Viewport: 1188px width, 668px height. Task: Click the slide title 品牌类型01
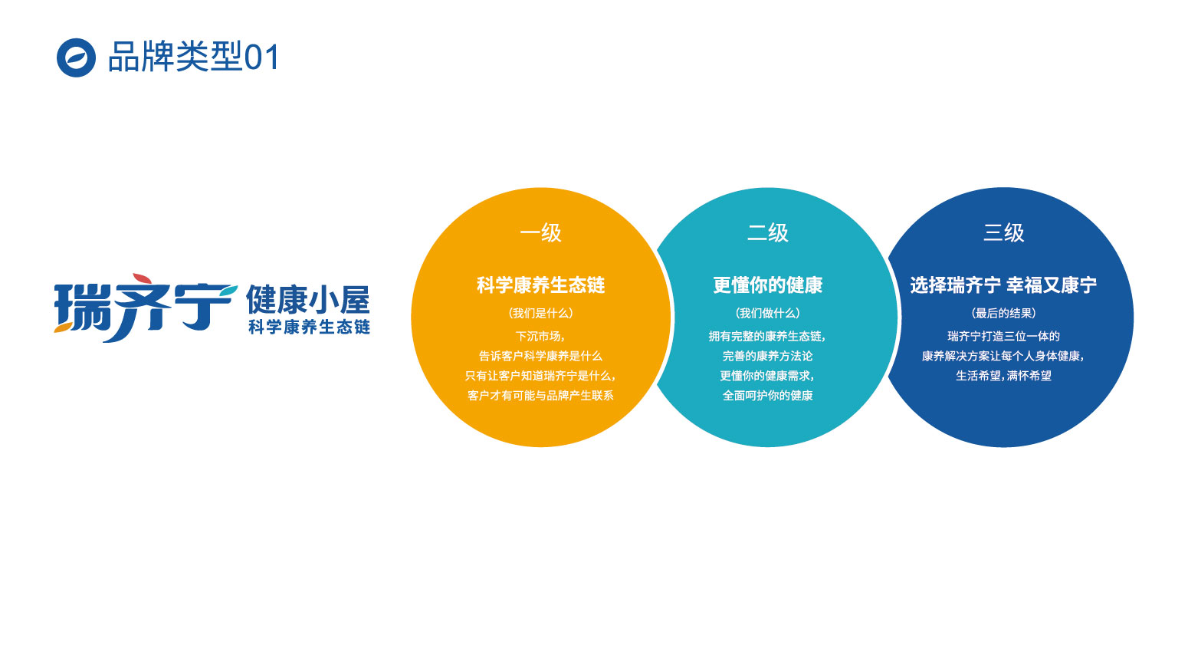[194, 57]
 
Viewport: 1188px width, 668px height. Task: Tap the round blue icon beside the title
[76, 58]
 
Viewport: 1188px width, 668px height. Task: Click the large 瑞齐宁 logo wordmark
[146, 308]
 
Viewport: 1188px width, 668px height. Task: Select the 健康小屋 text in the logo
[308, 300]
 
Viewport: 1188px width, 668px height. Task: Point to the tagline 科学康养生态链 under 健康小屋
[309, 327]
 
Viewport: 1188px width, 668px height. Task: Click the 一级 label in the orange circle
[540, 233]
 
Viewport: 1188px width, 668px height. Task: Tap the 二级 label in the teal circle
[767, 233]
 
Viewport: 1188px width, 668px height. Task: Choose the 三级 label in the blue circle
[1003, 233]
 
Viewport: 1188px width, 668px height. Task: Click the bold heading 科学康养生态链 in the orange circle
[540, 285]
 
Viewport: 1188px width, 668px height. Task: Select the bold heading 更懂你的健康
[767, 285]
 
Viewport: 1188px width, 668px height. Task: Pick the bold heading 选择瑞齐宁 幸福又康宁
[1003, 285]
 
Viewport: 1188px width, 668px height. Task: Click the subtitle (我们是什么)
[540, 313]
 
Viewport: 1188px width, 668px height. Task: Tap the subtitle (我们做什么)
[767, 313]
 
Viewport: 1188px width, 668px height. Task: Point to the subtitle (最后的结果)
[1003, 313]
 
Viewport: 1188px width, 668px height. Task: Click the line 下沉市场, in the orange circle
[540, 337]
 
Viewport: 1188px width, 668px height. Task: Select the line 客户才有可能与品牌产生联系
[540, 395]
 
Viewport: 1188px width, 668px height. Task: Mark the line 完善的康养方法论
[767, 356]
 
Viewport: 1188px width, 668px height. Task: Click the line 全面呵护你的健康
[767, 395]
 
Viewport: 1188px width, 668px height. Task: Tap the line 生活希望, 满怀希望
[1003, 376]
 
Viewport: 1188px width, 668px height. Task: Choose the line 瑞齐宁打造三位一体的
[1003, 337]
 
